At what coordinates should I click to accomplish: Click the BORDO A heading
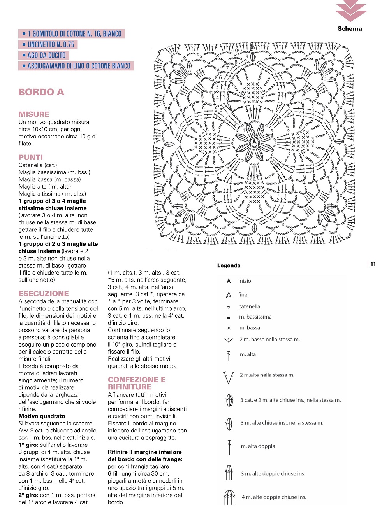coord(41,92)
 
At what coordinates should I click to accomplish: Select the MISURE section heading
coord(34,114)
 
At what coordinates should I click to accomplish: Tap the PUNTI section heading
coord(31,158)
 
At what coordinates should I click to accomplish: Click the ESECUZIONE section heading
coord(44,294)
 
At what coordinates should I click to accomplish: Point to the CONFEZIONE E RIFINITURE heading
coord(136,383)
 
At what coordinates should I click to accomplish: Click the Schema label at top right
coord(350,29)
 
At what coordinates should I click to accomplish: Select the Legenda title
coord(229,266)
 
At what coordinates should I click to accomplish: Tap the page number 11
coord(373,264)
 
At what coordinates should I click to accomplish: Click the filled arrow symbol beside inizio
coord(229,281)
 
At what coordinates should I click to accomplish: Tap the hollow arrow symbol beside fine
coord(229,295)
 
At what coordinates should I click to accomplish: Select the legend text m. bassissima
coord(255,317)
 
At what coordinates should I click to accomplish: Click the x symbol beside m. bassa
coord(229,328)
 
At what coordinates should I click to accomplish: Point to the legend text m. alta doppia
coord(258,446)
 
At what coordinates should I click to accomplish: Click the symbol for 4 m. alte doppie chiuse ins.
coord(229,497)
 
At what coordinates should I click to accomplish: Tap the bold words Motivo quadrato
coord(42,416)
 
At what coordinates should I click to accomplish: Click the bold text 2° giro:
coord(28,495)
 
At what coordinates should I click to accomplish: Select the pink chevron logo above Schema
coord(351,11)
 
